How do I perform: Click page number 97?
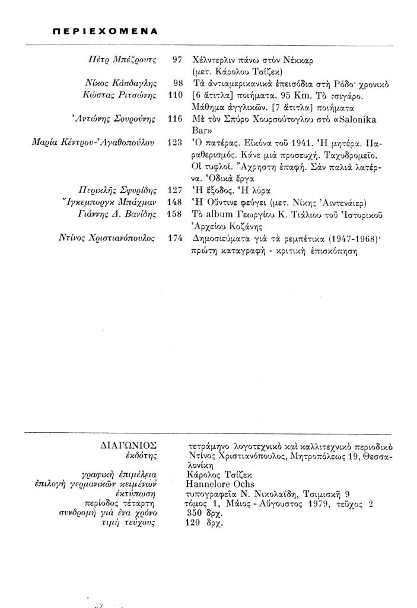click(176, 61)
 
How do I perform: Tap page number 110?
click(175, 95)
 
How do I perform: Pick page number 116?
click(175, 119)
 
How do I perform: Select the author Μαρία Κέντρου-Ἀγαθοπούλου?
click(93, 142)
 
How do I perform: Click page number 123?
click(175, 142)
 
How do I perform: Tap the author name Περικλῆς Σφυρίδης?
click(117, 191)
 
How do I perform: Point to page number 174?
click(175, 238)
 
